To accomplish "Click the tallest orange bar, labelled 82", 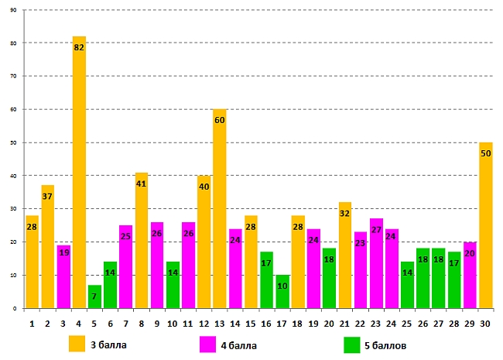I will coord(79,178).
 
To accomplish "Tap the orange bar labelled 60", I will coord(219,217).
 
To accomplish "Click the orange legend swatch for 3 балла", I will coord(77,345).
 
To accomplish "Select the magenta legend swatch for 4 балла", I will coord(208,345).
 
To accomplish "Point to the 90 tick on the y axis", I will coord(14,11).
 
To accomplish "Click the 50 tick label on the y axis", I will coord(14,143).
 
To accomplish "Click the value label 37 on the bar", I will coord(48,197).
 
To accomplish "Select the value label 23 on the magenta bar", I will coord(361,243).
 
